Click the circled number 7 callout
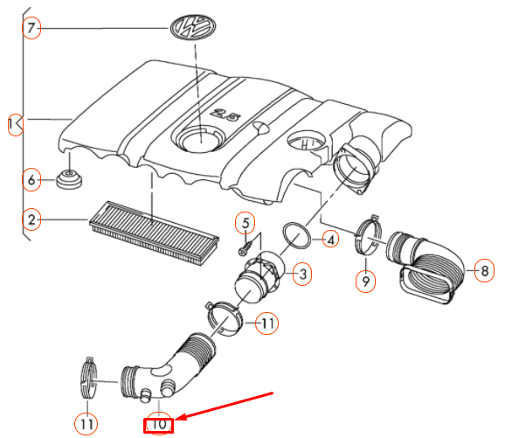click(x=31, y=29)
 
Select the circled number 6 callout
click(x=31, y=181)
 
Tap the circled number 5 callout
click(x=246, y=223)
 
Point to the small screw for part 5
click(x=247, y=247)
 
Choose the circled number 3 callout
click(x=301, y=275)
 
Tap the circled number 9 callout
click(x=365, y=281)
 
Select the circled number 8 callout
click(x=483, y=271)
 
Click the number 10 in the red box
click(x=160, y=426)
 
